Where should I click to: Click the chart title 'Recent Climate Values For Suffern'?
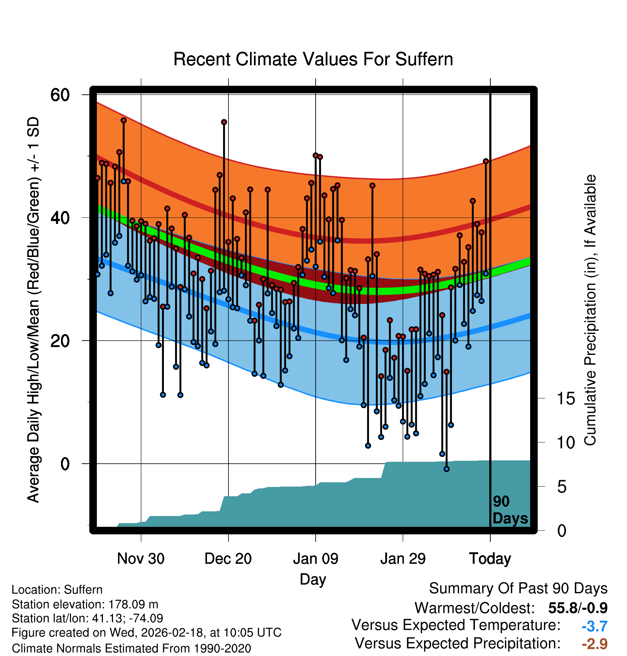313,59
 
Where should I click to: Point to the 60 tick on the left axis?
60,95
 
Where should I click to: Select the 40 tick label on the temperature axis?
60,218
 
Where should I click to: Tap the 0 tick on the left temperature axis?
65,464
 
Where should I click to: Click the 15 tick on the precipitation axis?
566,399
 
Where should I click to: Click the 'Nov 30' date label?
141,559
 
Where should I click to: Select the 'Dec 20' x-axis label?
228,559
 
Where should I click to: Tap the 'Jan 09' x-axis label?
315,559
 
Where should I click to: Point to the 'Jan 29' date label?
403,559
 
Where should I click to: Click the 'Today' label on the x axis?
490,559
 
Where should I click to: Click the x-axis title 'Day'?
313,579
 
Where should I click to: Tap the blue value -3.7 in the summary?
594,626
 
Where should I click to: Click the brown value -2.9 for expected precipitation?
594,644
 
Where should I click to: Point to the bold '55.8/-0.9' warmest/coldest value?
577,608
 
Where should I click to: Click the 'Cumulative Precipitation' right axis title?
590,310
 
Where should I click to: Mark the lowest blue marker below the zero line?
447,469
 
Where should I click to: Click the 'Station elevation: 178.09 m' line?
85,604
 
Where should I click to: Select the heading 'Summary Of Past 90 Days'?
518,589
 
